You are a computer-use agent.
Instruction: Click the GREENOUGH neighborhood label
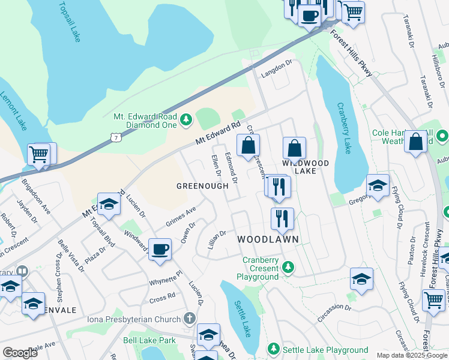[202, 186]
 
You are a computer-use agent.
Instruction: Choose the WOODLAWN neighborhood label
[268, 239]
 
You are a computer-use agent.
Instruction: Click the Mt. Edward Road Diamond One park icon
[185, 120]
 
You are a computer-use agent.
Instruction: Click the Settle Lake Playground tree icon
[273, 349]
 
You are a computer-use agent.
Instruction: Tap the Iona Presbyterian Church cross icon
[190, 317]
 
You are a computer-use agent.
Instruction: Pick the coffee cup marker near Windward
[160, 250]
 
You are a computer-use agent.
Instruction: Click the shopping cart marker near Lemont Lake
[39, 154]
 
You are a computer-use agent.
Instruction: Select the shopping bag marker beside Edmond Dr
[248, 145]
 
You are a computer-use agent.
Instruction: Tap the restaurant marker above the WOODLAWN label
[282, 218]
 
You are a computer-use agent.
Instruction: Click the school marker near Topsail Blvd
[109, 205]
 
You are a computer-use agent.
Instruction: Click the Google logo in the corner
[20, 353]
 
